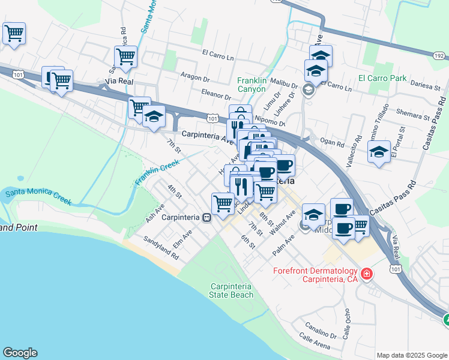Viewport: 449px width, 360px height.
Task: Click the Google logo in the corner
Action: coord(20,353)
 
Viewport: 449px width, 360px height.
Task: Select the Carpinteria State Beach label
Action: coord(231,290)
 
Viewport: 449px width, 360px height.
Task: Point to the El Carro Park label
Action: coord(382,78)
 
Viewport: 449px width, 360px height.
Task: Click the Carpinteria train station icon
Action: coord(206,217)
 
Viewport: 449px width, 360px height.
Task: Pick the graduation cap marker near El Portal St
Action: coord(379,152)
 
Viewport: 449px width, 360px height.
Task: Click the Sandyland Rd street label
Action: coord(161,247)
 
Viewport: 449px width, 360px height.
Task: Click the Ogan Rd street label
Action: coord(332,144)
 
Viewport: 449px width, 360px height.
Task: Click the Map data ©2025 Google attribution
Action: coord(411,355)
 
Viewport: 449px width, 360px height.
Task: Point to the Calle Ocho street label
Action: coord(346,322)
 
